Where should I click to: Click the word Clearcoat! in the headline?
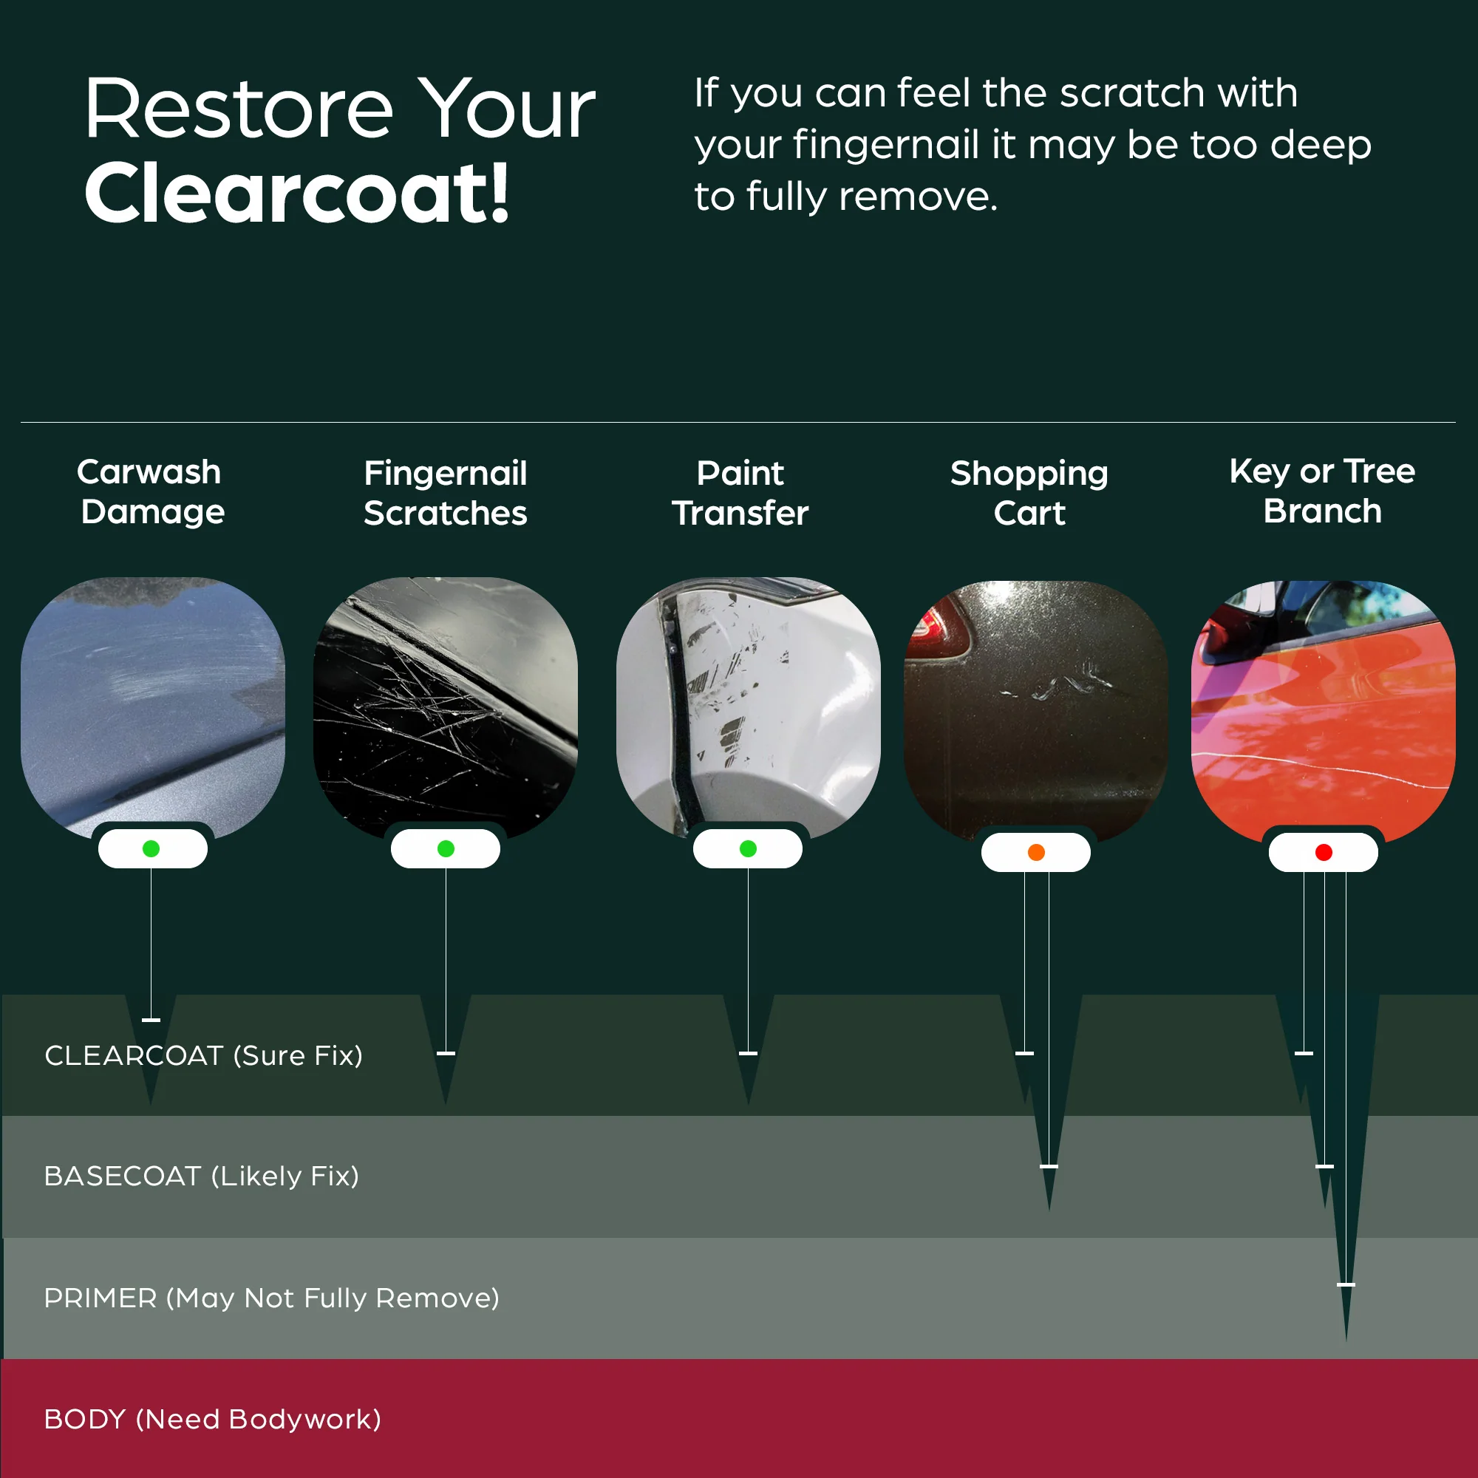297,194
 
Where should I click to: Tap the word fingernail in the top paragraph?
886,146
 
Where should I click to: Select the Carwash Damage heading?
151,492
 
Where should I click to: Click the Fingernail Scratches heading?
445,494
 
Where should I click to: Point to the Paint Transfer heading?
740,494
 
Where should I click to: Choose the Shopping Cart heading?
1029,494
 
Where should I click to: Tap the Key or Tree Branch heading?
1322,491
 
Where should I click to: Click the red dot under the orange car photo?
1324,852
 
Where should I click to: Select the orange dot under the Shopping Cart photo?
1036,852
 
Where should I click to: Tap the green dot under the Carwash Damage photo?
151,848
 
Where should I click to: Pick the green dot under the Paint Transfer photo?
748,848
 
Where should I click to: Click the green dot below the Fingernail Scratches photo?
446,848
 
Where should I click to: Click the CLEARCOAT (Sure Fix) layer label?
203,1056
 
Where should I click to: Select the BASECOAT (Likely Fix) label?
201,1176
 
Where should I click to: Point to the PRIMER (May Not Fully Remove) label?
271,1298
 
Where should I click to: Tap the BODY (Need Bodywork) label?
213,1419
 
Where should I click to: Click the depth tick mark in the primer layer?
1346,1285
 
